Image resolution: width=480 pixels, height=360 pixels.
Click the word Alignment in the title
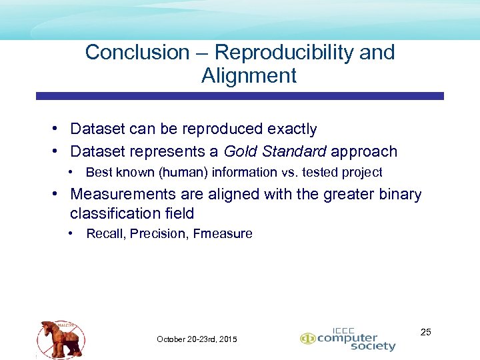pyautogui.click(x=249, y=75)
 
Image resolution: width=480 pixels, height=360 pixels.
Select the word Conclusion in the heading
pyautogui.click(x=137, y=52)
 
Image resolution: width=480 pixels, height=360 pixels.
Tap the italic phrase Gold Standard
pyautogui.click(x=275, y=151)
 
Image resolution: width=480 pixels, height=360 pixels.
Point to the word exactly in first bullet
pyautogui.click(x=292, y=129)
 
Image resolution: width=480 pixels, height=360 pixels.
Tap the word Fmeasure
pyautogui.click(x=223, y=233)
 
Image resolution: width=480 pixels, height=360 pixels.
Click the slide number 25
pyautogui.click(x=426, y=331)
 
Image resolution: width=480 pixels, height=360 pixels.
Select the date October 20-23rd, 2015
pyautogui.click(x=197, y=339)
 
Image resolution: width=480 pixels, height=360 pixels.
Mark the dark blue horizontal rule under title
pyautogui.click(x=239, y=96)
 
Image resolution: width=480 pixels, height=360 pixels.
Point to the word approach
pyautogui.click(x=364, y=151)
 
